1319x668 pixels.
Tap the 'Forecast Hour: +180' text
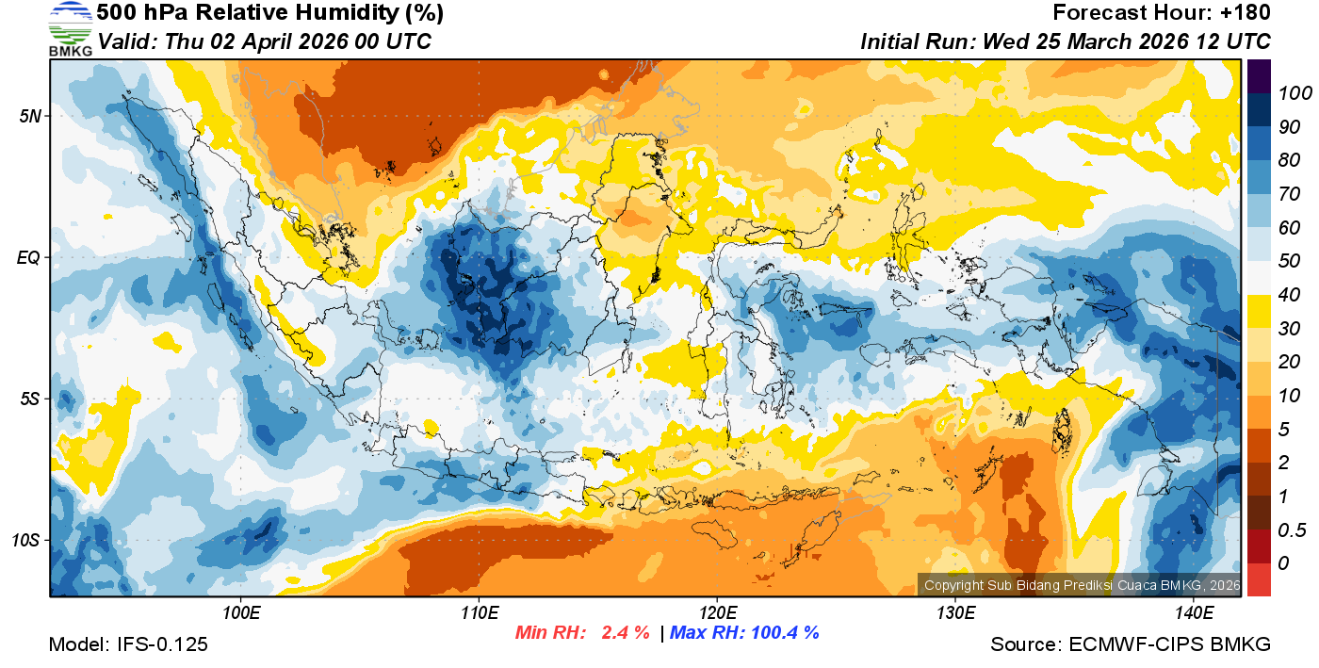1162,13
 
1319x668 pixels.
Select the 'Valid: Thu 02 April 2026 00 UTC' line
265,41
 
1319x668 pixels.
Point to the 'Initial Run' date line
1066,41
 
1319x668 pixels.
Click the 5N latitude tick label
30,116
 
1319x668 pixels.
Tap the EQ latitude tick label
29,257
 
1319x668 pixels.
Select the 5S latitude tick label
30,399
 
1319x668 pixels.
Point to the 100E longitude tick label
241,613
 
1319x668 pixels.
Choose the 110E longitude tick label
479,613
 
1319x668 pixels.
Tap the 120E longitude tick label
717,613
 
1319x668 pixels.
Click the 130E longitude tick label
955,613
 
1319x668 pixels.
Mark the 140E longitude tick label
1194,613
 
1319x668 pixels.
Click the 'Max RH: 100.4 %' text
744,632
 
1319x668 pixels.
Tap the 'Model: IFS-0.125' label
128,644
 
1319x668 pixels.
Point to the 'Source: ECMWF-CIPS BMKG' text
1131,644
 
